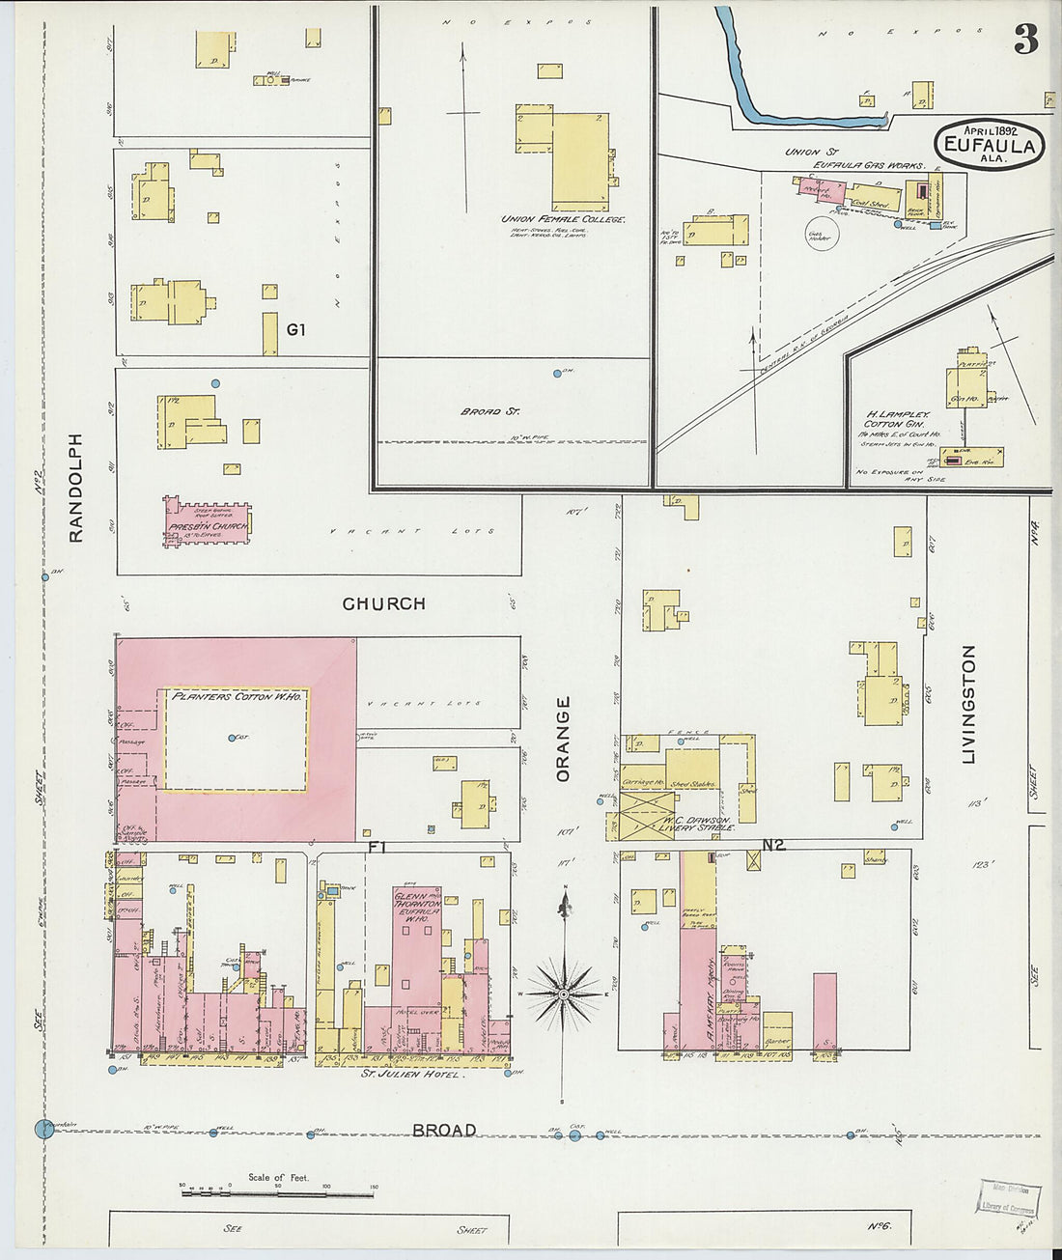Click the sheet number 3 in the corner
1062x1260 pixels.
[x=1025, y=39]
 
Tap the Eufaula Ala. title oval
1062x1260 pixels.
[x=990, y=146]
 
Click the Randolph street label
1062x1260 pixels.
[x=76, y=487]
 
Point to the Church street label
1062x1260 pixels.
[x=383, y=603]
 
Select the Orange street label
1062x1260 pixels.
[x=563, y=739]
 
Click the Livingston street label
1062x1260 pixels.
[x=969, y=704]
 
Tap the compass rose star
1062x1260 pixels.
[x=564, y=992]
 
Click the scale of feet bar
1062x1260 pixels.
[x=277, y=1194]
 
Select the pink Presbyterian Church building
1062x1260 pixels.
[x=208, y=521]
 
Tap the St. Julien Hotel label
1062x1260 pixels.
[x=410, y=1073]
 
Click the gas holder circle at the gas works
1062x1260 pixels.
[x=821, y=235]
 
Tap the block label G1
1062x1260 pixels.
[x=295, y=329]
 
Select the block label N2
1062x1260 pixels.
[x=773, y=845]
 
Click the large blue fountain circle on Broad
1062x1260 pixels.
[x=43, y=1128]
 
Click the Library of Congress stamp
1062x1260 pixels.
[x=1008, y=1197]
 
